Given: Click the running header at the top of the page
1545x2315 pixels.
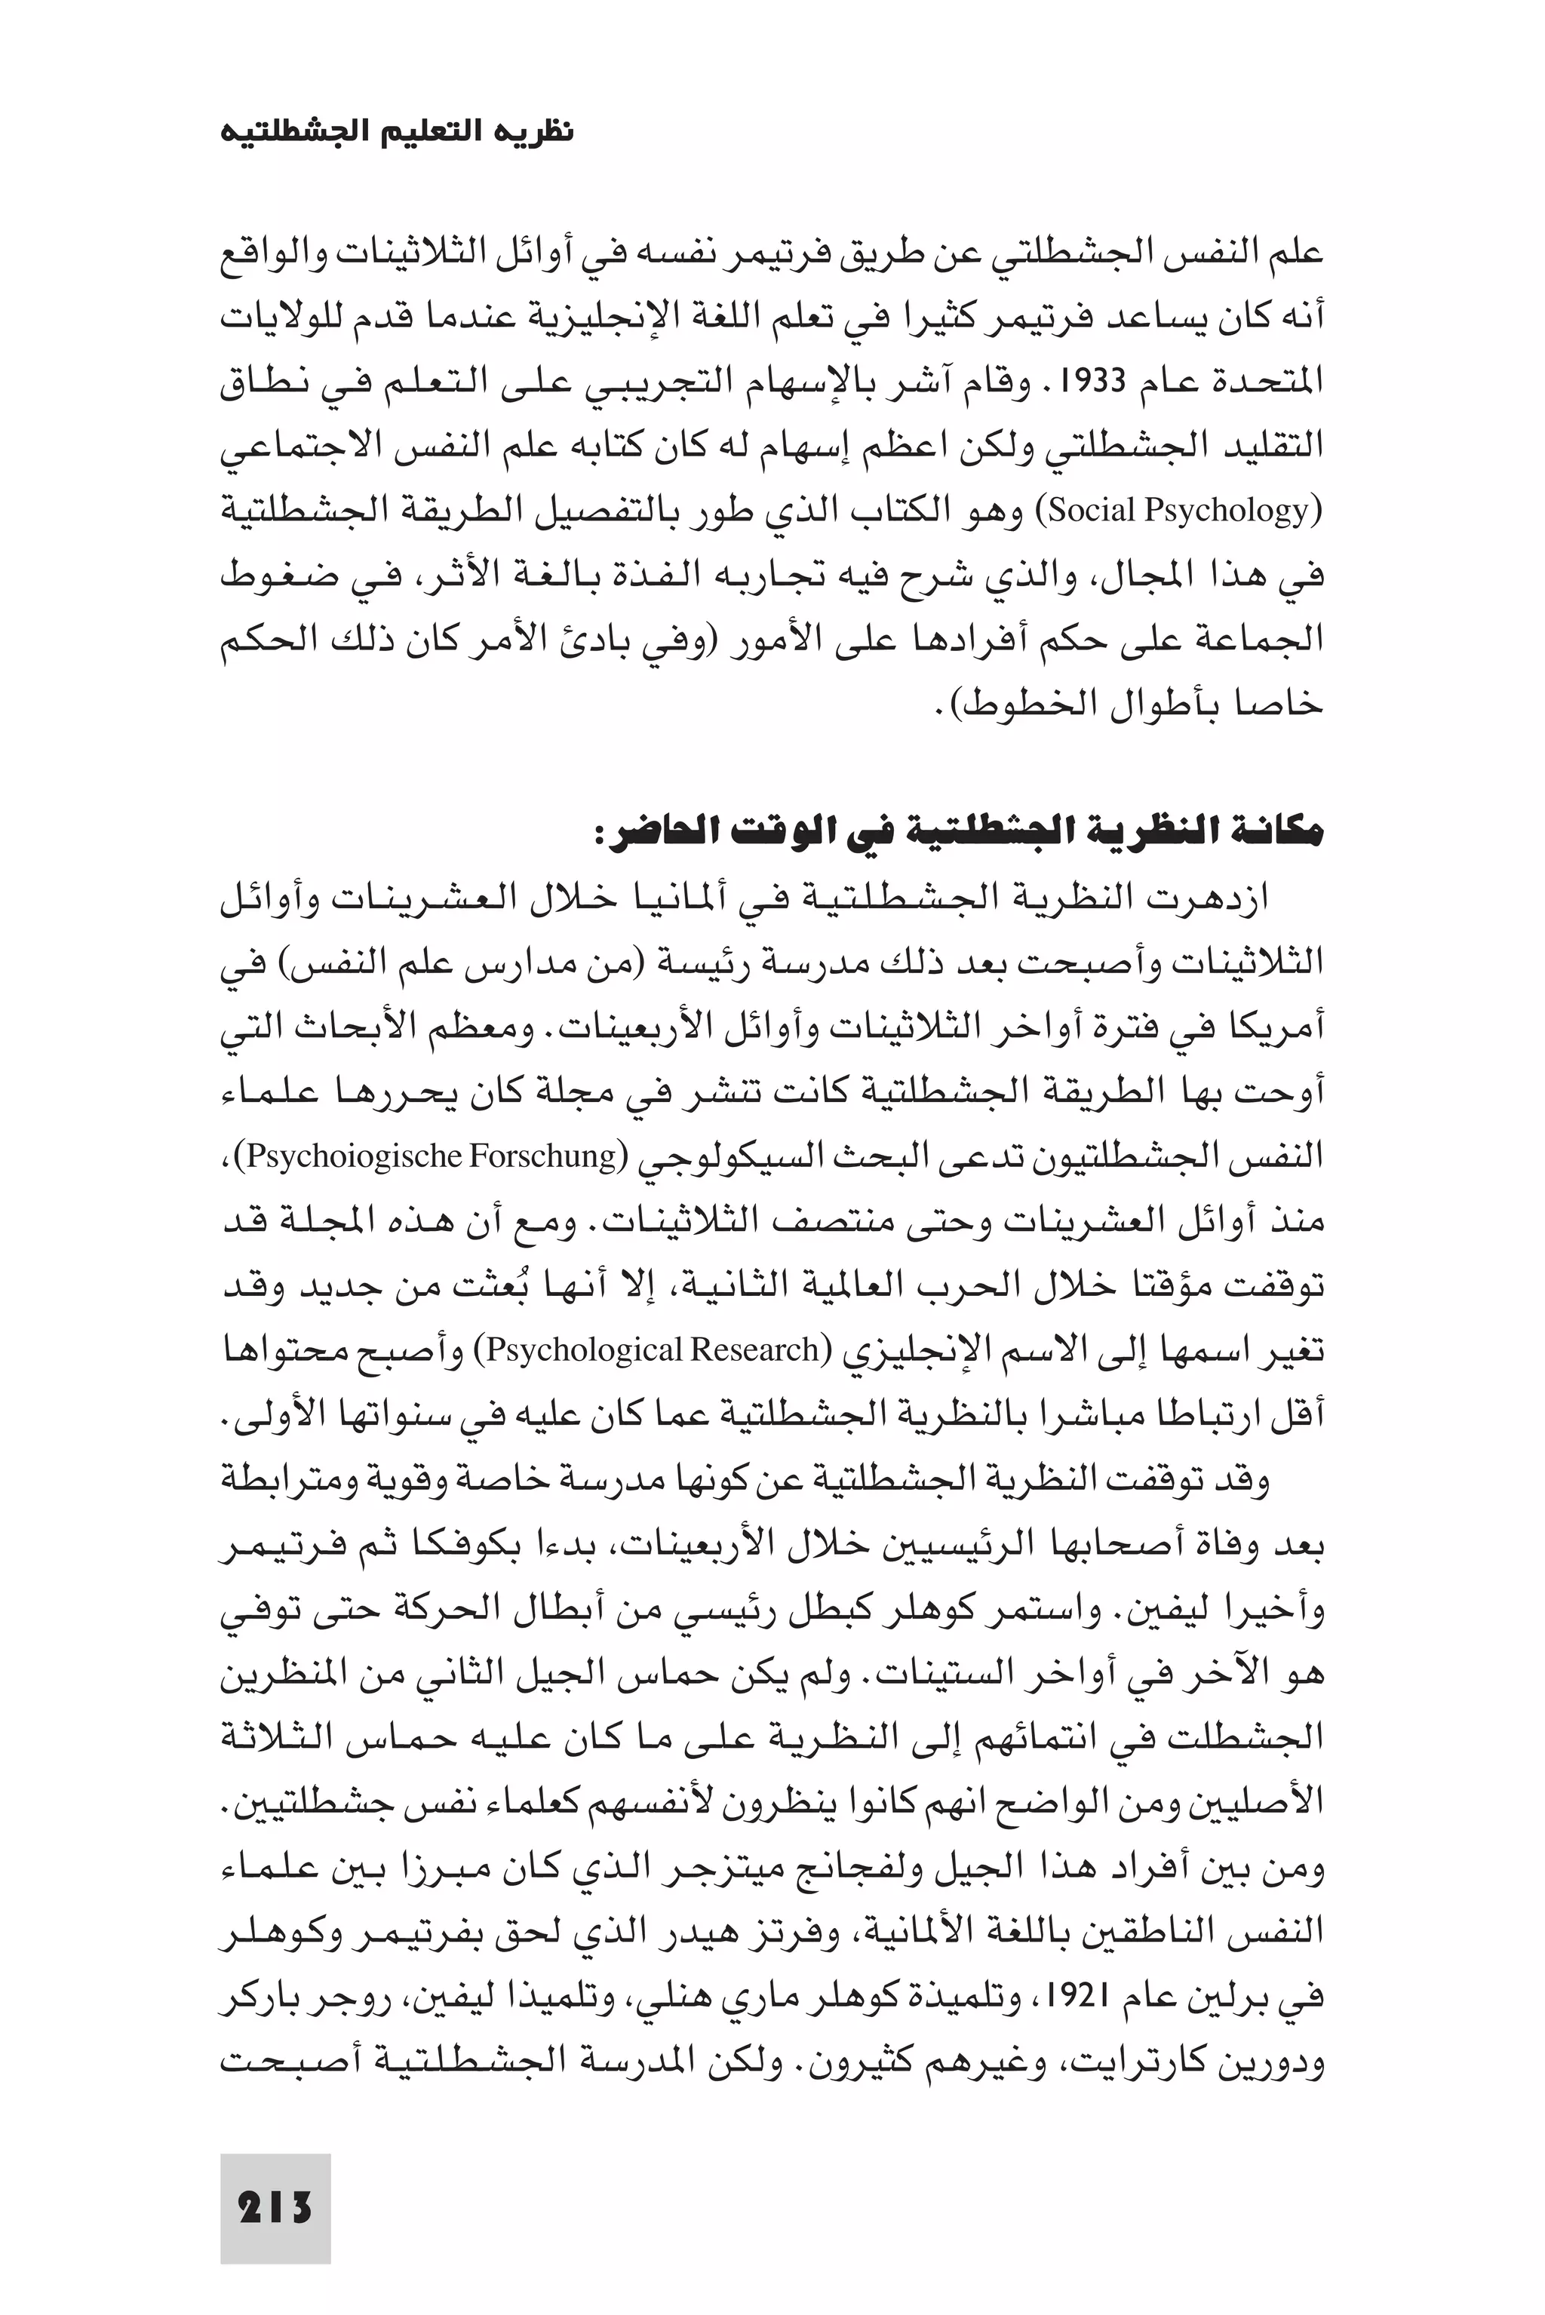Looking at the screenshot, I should [x=396, y=131].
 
